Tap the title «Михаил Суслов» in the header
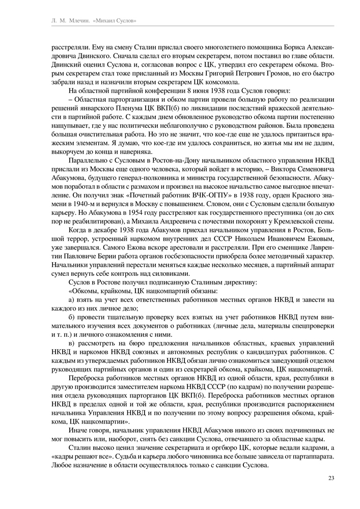click(x=116, y=20)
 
